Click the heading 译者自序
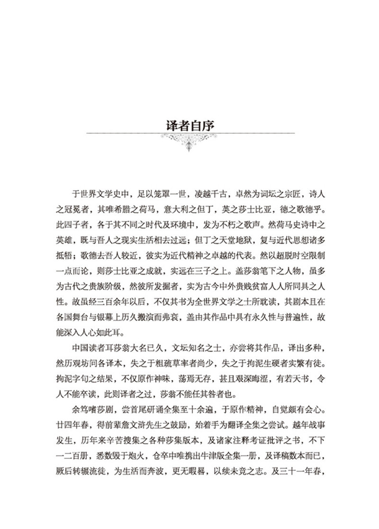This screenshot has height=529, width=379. coord(189,126)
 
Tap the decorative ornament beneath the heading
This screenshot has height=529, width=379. coord(189,142)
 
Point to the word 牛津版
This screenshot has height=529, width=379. coord(225,439)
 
